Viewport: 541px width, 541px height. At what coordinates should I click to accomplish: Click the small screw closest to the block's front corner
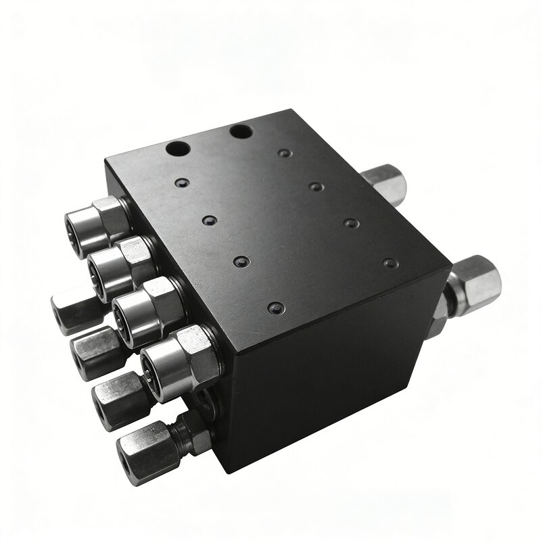click(x=273, y=308)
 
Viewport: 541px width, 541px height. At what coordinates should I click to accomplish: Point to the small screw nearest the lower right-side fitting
click(x=388, y=262)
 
